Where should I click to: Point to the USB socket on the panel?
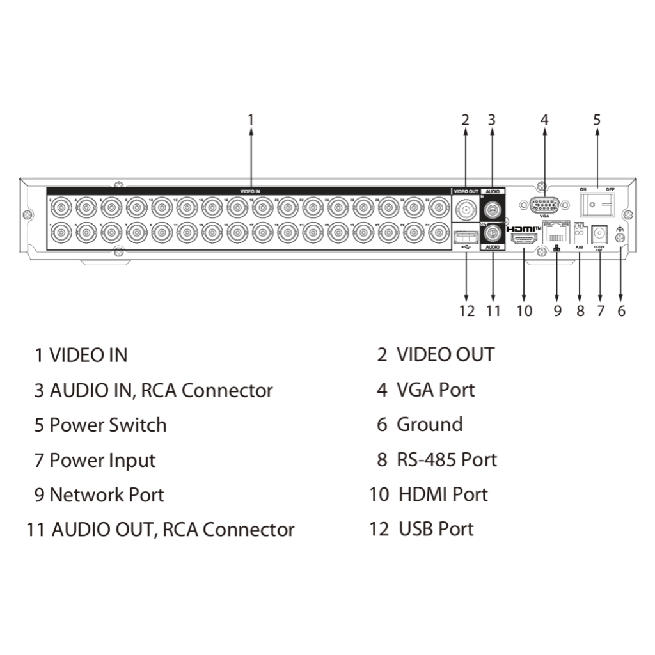point(464,239)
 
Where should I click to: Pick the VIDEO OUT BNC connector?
point(465,209)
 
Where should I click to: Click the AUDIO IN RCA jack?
point(492,209)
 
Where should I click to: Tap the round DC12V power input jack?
point(600,234)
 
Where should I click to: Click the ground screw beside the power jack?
point(620,239)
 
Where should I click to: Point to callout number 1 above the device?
point(251,120)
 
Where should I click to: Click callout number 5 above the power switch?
point(597,120)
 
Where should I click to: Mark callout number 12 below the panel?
point(466,311)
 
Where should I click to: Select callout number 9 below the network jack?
point(557,311)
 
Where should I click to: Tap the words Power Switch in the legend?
point(108,425)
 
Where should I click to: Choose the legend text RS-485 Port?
point(446,459)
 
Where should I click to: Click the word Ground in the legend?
point(429,425)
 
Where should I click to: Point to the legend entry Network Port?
point(107,494)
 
